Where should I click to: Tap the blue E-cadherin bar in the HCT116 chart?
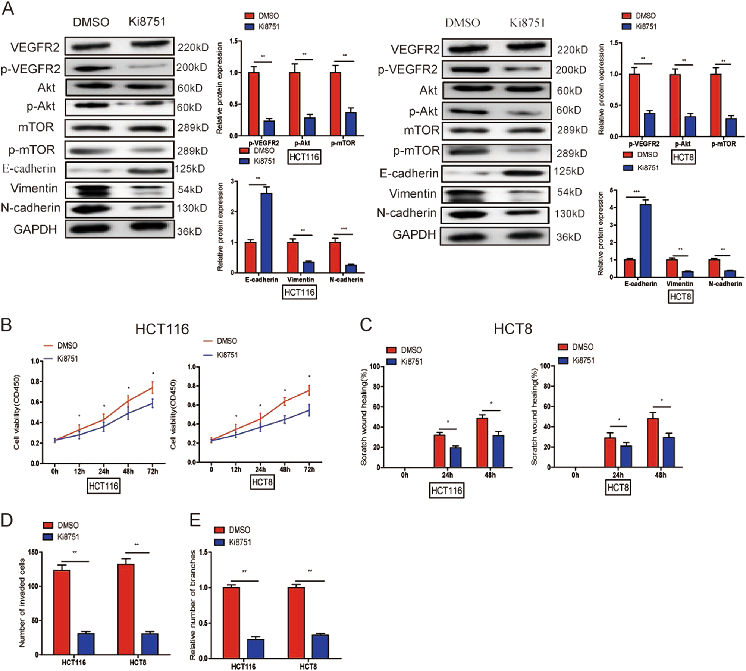(x=266, y=233)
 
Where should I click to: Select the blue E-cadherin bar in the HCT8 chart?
(x=645, y=240)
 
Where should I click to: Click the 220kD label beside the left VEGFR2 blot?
(x=193, y=47)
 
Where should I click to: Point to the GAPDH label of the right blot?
(x=414, y=234)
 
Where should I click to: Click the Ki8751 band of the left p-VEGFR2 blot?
(x=147, y=67)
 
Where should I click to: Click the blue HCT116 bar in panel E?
(x=256, y=649)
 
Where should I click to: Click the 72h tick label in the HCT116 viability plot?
(x=153, y=471)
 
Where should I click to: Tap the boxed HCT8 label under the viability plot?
(x=262, y=482)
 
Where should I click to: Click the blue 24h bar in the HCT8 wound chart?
(x=626, y=456)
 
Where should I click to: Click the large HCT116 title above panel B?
(x=162, y=329)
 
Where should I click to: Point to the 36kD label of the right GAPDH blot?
(x=568, y=237)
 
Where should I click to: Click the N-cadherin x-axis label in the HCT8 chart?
(x=725, y=284)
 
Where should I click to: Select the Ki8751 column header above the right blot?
(x=527, y=23)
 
